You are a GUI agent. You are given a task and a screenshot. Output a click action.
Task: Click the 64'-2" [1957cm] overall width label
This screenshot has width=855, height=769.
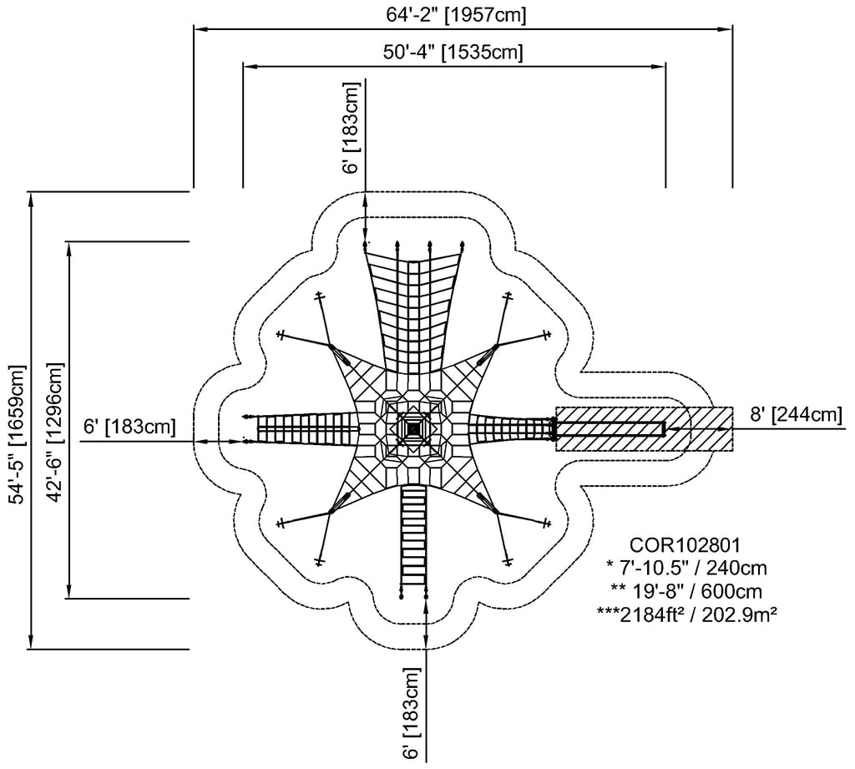tap(455, 14)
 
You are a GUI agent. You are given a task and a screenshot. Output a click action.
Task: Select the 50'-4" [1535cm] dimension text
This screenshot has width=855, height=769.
tap(453, 52)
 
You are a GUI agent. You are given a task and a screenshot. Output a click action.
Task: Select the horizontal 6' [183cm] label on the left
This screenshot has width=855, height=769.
tap(129, 427)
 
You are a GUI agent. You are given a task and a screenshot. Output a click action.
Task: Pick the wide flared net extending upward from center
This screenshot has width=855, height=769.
tap(413, 309)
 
